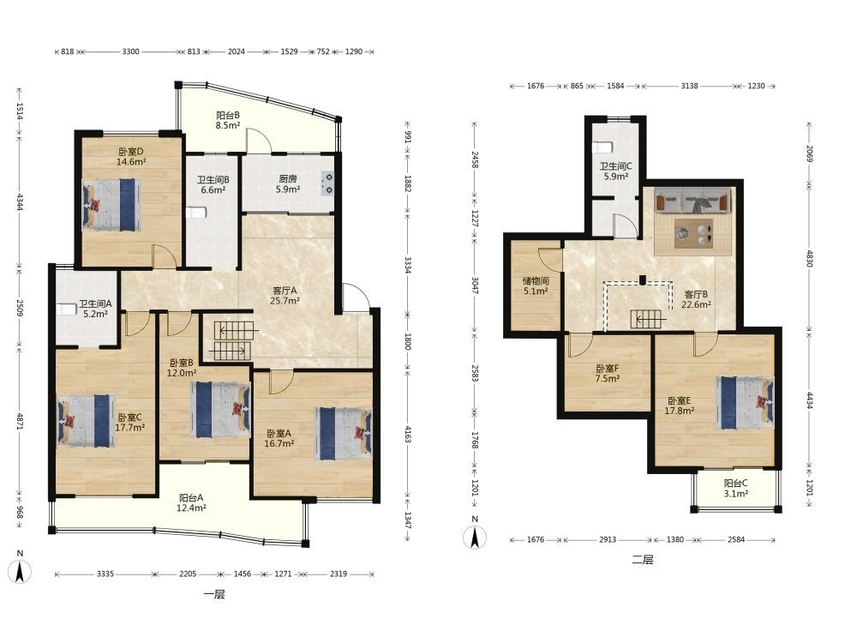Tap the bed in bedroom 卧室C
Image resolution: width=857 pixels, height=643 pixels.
point(86,420)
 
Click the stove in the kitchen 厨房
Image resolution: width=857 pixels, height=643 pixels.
point(327,183)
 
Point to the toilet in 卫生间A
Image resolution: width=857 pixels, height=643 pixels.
point(66,309)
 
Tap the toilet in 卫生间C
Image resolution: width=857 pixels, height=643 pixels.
point(602,147)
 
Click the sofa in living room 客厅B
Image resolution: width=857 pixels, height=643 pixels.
point(693,200)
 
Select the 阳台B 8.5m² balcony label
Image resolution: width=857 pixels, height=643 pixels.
point(228,120)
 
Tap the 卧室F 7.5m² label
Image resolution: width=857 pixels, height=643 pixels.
point(608,374)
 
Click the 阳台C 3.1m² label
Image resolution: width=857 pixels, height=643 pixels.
point(735,489)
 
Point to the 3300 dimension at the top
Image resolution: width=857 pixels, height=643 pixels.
point(130,52)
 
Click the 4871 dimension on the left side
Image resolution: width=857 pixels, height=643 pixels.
point(20,422)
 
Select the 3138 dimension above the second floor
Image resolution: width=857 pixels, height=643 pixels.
point(689,86)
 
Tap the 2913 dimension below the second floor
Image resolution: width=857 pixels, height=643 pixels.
point(608,539)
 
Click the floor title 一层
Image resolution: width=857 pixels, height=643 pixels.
point(214,594)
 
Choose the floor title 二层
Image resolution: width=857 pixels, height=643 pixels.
point(642,560)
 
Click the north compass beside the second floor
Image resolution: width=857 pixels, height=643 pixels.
point(475,536)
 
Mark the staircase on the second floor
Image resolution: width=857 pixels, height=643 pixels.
point(648,318)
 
